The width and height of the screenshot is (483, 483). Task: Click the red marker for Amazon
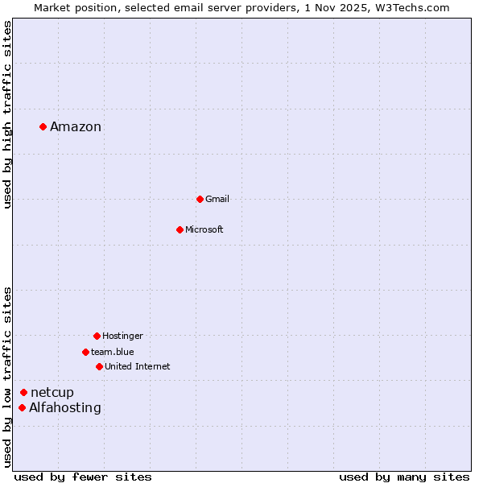pos(43,126)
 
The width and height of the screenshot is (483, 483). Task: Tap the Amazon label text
pos(76,126)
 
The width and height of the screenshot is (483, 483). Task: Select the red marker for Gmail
pos(200,199)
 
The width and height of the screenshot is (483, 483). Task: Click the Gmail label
pos(217,199)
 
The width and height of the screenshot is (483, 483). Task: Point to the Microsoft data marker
pos(180,229)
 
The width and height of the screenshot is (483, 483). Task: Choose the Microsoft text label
pos(204,229)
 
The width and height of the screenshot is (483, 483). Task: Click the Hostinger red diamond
pos(97,336)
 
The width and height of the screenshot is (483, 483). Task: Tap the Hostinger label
pos(122,336)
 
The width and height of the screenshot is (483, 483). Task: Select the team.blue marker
pos(85,352)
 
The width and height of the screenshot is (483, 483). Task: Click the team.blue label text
pos(113,352)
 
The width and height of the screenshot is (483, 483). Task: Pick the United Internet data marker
pos(99,366)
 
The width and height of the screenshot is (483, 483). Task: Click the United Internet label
pos(138,366)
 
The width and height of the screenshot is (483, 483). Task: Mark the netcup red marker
pos(23,392)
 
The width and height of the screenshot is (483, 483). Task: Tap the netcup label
pos(52,392)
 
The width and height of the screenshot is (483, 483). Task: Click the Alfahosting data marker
pos(22,407)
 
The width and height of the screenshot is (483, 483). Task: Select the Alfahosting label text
pos(65,407)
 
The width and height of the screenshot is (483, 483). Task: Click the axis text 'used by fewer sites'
pos(83,477)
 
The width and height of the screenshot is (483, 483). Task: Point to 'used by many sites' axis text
pos(404,477)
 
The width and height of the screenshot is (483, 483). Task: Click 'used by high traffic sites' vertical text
pos(8,114)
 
